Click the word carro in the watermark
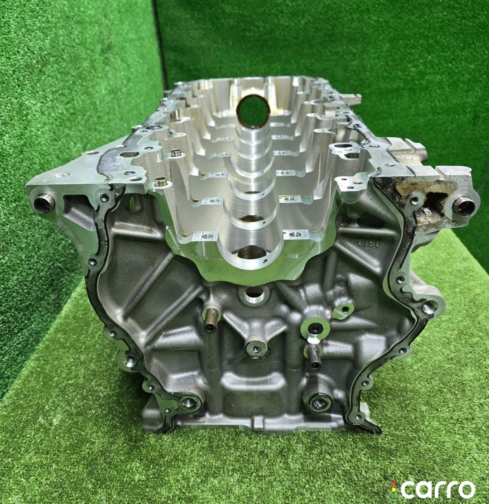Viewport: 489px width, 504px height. point(439,489)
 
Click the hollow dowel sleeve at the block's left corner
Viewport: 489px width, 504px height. point(42,202)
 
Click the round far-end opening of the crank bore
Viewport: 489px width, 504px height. point(253,110)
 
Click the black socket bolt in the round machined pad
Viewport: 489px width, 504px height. point(314,328)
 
